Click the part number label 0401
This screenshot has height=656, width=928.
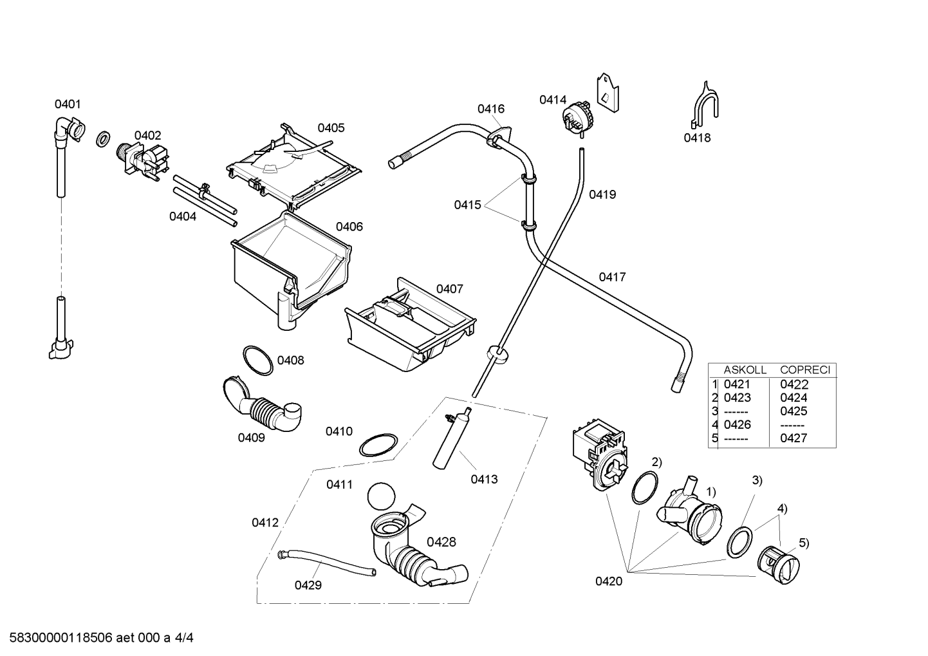pyautogui.click(x=68, y=104)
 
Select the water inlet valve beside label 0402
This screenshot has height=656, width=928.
pyautogui.click(x=143, y=162)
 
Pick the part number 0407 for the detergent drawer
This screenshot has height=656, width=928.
pyautogui.click(x=449, y=288)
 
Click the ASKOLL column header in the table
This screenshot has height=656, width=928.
pyautogui.click(x=745, y=370)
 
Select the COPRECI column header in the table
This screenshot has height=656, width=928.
pyautogui.click(x=805, y=370)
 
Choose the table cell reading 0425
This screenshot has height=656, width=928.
pyautogui.click(x=793, y=411)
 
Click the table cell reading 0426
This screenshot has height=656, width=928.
pyautogui.click(x=738, y=424)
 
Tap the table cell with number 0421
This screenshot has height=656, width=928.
pyautogui.click(x=738, y=384)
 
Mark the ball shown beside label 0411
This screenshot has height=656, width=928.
pyautogui.click(x=381, y=496)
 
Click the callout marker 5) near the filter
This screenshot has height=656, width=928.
pyautogui.click(x=804, y=543)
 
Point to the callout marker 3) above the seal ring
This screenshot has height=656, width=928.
pyautogui.click(x=757, y=480)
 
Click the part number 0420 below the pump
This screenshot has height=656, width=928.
pyautogui.click(x=609, y=581)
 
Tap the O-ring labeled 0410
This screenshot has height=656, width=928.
pyautogui.click(x=378, y=445)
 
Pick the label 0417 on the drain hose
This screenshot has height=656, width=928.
pyautogui.click(x=612, y=277)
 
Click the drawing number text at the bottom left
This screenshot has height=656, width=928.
pyautogui.click(x=101, y=638)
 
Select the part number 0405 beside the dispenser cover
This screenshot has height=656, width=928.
pyautogui.click(x=331, y=127)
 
